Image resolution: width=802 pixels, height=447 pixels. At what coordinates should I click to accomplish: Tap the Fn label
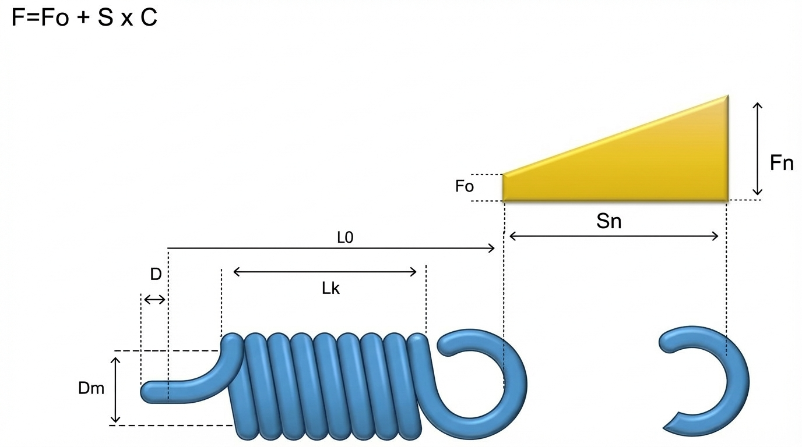(782, 164)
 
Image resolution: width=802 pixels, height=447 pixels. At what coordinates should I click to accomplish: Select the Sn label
(609, 221)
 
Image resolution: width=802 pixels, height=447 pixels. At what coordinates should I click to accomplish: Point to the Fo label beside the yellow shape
(465, 187)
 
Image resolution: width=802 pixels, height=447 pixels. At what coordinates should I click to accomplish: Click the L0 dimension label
(346, 239)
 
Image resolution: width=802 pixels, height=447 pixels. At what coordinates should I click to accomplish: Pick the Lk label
(330, 288)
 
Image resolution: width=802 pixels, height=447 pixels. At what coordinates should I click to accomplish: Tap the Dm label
(92, 388)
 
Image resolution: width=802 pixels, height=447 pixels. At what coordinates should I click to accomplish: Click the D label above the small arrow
(156, 275)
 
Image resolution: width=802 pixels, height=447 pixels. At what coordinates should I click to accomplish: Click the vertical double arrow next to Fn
(757, 148)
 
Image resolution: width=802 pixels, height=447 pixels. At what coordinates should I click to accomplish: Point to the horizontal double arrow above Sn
(614, 236)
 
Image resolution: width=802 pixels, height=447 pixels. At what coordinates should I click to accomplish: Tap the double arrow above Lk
(325, 271)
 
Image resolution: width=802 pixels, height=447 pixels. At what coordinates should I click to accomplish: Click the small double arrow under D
(154, 299)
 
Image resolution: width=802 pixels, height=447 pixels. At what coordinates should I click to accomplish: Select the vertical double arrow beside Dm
(115, 389)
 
